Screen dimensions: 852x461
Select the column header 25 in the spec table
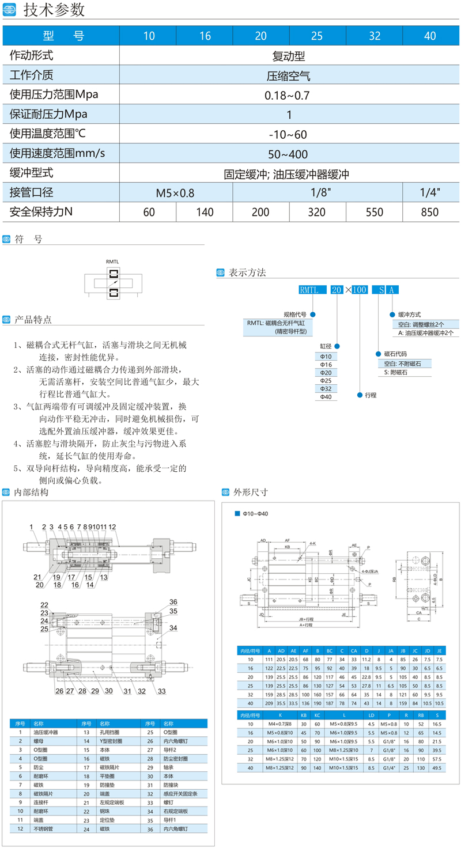pyautogui.click(x=316, y=36)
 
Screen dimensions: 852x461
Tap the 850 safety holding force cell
pyautogui.click(x=430, y=212)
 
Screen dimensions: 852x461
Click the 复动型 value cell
pyautogui.click(x=288, y=56)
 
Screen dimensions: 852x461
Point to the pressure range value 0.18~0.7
pyautogui.click(x=288, y=95)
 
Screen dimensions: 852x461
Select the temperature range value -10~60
pyautogui.click(x=288, y=134)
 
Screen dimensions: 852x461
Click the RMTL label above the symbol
pyautogui.click(x=112, y=262)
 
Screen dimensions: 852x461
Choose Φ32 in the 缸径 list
pyautogui.click(x=326, y=389)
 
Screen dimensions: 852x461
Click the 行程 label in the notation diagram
pyautogui.click(x=371, y=396)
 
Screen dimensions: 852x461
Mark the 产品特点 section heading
pyautogui.click(x=33, y=319)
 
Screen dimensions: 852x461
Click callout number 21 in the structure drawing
pyautogui.click(x=37, y=577)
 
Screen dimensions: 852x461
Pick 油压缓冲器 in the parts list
pyautogui.click(x=46, y=732)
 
